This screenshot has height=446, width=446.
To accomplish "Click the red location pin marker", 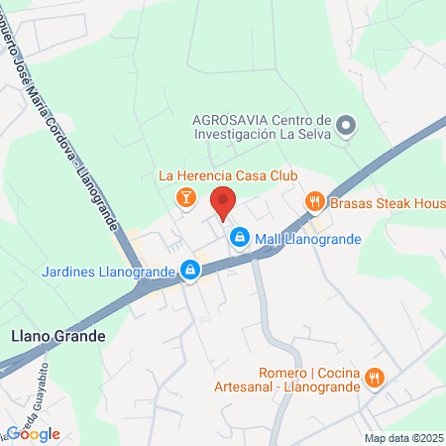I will (223, 200).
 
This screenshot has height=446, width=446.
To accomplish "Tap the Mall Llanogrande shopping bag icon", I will (239, 238).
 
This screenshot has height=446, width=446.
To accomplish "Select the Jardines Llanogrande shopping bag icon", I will (189, 270).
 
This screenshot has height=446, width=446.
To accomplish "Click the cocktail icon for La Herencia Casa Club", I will (184, 198).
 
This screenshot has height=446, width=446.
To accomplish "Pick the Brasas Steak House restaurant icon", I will (315, 202).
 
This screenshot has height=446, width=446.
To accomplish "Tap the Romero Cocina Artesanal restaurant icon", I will (374, 377).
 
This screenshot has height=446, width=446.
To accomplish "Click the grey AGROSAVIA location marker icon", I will (346, 126).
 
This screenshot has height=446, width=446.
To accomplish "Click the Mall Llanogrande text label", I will (308, 239).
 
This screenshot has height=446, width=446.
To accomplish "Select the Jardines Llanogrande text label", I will (108, 270).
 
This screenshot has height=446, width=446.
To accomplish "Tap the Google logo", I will (33, 433).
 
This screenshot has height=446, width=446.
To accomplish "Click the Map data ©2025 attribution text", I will (402, 437).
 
